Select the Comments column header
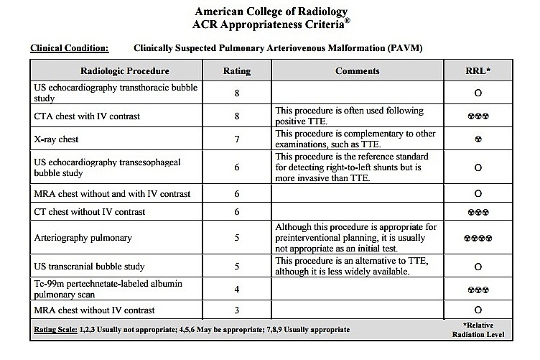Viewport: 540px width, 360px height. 358,70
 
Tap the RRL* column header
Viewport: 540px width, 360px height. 478,70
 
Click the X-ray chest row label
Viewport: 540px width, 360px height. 57,139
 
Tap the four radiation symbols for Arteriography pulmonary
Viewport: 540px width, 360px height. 478,236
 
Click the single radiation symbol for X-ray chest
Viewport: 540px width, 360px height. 478,139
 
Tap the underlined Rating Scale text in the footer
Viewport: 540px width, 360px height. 57,330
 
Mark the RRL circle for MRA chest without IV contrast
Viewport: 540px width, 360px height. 478,310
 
